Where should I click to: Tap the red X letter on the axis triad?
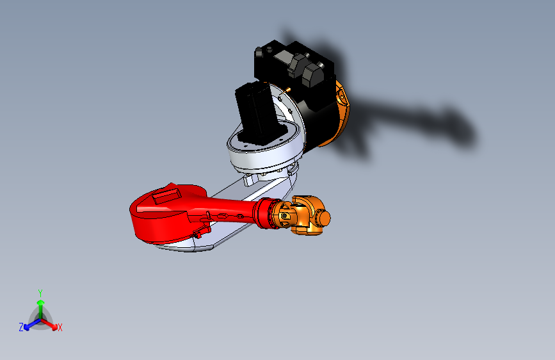pos(60,328)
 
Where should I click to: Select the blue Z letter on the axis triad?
pos(20,327)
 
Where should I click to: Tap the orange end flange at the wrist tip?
pos(325,218)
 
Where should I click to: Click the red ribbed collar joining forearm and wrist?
pos(263,214)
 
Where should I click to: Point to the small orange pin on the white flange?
pos(289,90)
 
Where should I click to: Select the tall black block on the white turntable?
pos(256,112)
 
